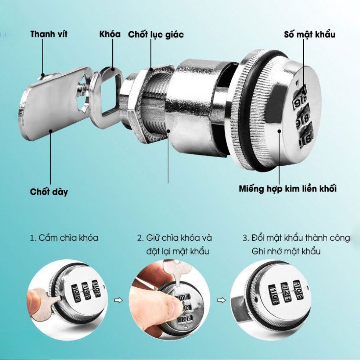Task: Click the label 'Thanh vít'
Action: point(49,34)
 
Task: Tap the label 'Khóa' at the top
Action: point(110,34)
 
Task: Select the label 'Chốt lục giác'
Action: point(156,35)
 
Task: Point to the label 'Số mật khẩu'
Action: point(310,35)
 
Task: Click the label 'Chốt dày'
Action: point(49,192)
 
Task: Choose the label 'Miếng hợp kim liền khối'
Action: point(288,189)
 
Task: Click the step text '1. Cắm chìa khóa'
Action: point(64,238)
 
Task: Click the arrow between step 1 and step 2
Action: point(118,300)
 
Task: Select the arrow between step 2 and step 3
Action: point(221,300)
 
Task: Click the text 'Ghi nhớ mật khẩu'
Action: point(286,251)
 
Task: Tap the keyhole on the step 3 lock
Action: point(256,299)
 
